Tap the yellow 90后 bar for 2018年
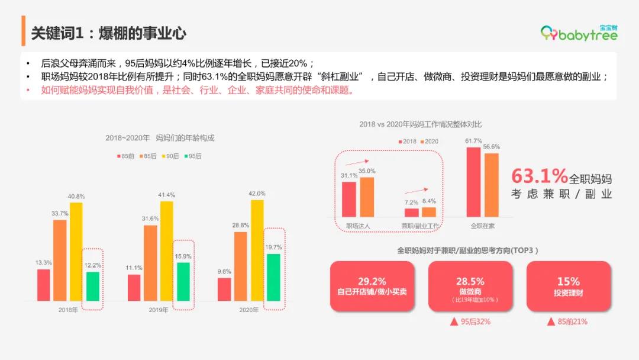pyautogui.click(x=77, y=252)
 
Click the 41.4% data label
pyautogui.click(x=166, y=195)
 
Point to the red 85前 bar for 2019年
pyautogui.click(x=134, y=288)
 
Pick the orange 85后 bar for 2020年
pyautogui.click(x=241, y=266)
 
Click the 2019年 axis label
pyautogui.click(x=158, y=310)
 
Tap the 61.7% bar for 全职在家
pyautogui.click(x=473, y=182)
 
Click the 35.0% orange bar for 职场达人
pyautogui.click(x=367, y=197)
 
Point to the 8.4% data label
pyautogui.click(x=429, y=201)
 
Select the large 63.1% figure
pyautogui.click(x=539, y=176)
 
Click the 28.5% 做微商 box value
pyautogui.click(x=470, y=281)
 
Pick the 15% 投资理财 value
pyautogui.click(x=568, y=281)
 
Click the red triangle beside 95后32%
pyautogui.click(x=454, y=322)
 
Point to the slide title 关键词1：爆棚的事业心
pyautogui.click(x=109, y=33)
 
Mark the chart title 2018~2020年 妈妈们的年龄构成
pyautogui.click(x=160, y=138)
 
